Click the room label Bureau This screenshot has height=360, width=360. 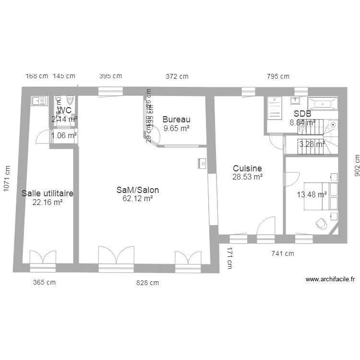pos(176,120)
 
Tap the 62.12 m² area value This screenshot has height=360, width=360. pos(138,198)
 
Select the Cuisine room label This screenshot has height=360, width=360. pos(247,168)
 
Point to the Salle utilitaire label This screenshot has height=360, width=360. pos(48,193)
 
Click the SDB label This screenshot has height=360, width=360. pos(302,114)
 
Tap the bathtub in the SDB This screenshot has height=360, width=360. pos(323,103)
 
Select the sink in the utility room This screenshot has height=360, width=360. pos(38,101)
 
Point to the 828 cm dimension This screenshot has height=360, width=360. pos(147,283)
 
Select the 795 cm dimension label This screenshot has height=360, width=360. pos(278,76)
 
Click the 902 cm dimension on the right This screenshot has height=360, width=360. pos(356,166)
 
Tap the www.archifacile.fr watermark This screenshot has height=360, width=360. pos(330,279)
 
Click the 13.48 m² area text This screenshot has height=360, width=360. pos(312,194)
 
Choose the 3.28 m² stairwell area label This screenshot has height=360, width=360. pos(312,144)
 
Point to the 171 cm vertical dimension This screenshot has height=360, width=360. pos(229,258)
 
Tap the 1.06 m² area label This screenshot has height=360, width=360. pos(64,135)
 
